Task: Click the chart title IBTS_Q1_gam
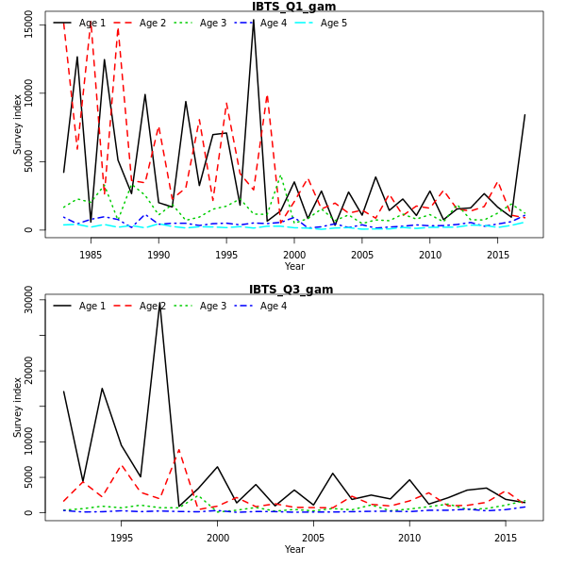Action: point(293,7)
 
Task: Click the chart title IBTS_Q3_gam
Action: point(291,290)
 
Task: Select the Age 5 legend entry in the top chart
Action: point(333,23)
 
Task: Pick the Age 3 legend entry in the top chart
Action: point(212,23)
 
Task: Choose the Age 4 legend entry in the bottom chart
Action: point(273,306)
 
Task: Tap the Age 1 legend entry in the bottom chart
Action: point(92,306)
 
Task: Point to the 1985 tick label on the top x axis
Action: point(91,255)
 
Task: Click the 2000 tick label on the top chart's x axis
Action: point(294,255)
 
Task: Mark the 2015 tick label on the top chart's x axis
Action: point(498,255)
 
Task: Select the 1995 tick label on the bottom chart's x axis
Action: point(122,538)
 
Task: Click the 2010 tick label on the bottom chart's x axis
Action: point(409,538)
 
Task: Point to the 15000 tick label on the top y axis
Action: point(29,25)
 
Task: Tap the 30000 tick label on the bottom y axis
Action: point(29,300)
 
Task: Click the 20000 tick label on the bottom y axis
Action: point(29,371)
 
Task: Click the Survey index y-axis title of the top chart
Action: point(17,124)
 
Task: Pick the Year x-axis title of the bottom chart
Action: point(294,549)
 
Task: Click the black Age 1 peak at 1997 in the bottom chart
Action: point(160,304)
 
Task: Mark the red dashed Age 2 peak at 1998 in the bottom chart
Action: point(179,449)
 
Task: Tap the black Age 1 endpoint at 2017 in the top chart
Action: point(524,115)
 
